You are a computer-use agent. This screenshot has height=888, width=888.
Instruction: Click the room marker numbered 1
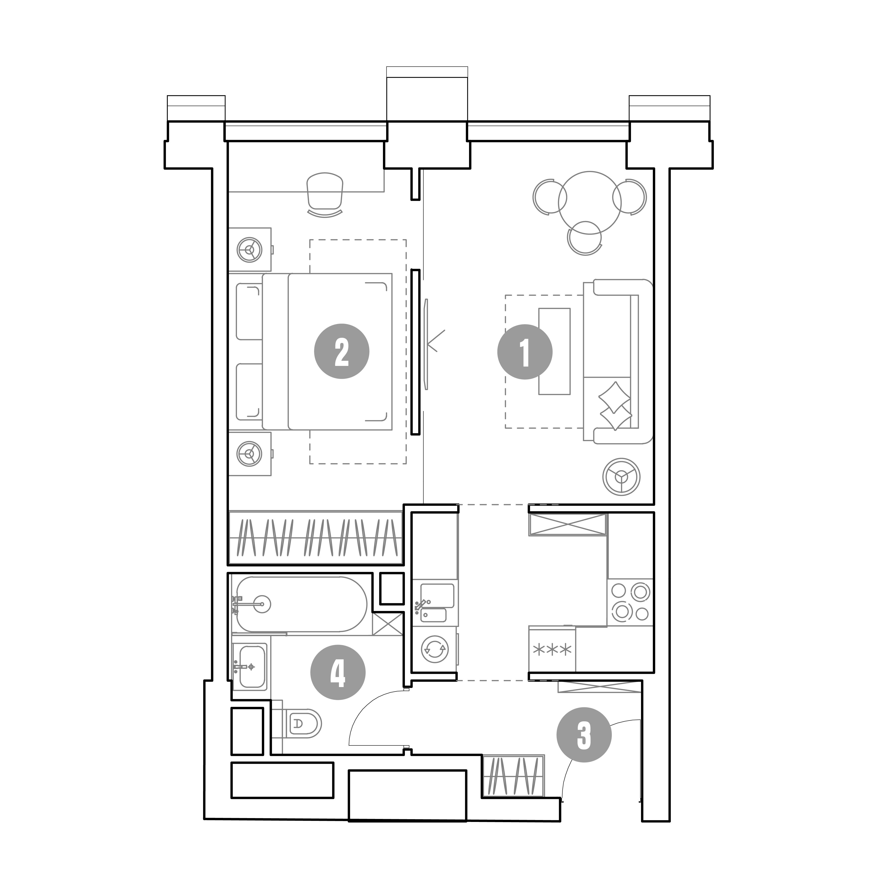[x=525, y=352]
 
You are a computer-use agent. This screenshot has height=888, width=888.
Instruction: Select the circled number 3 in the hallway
[x=584, y=735]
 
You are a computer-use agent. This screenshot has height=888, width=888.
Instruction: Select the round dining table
[x=590, y=203]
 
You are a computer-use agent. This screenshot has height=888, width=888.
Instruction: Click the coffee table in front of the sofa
[x=554, y=351]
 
